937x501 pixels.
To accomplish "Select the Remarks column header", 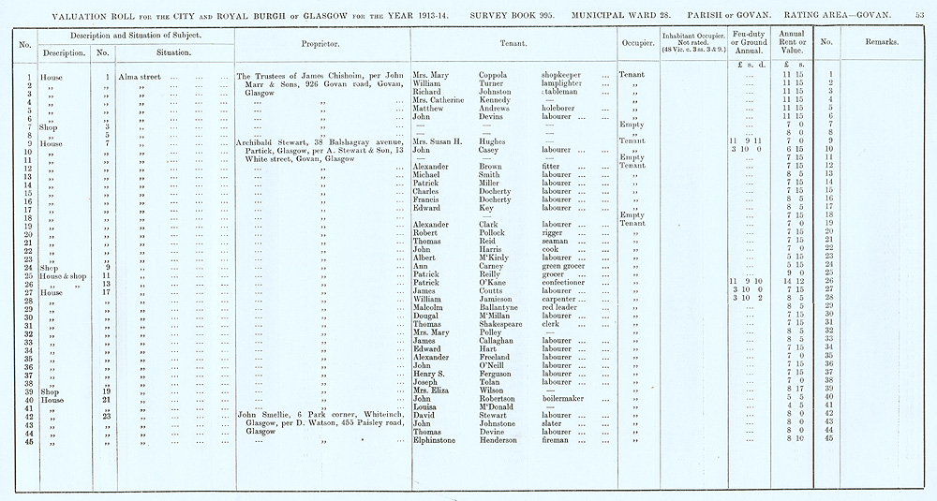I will click(x=882, y=43).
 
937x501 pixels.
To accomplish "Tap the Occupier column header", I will click(x=636, y=43).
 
